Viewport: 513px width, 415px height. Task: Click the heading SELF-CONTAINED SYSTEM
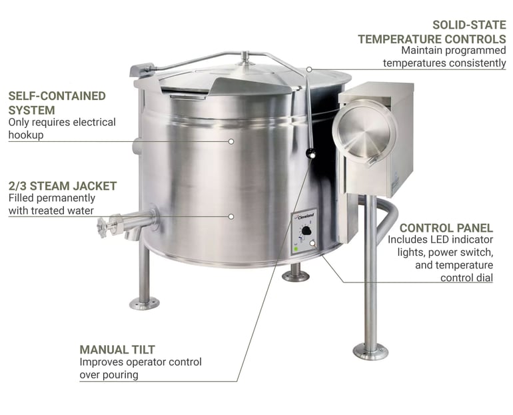tap(57, 103)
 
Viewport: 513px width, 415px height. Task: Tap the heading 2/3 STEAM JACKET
tap(63, 186)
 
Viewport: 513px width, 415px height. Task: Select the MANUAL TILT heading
tap(117, 349)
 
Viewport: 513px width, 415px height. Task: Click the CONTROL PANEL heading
tap(446, 227)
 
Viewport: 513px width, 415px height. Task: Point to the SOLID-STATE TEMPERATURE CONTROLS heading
tap(432, 32)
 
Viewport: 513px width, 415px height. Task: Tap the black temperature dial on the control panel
tap(306, 232)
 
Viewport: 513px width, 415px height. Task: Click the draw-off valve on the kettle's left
tap(123, 223)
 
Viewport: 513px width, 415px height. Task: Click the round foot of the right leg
tap(370, 350)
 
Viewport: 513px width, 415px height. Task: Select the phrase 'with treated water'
tap(51, 210)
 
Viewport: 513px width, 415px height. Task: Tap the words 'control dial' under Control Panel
tap(466, 277)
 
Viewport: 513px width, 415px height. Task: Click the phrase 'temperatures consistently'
tap(444, 63)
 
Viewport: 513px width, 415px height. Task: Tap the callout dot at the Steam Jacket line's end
tap(231, 216)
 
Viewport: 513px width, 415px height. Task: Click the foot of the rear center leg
tap(295, 274)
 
